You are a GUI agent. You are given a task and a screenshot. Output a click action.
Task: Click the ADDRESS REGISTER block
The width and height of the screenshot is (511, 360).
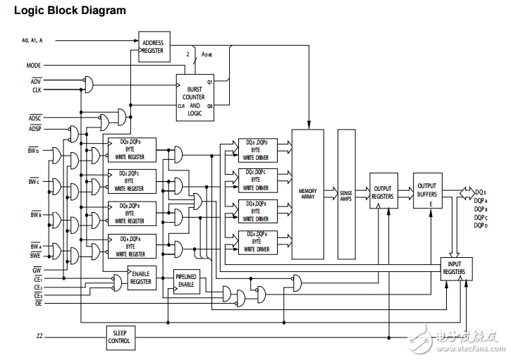[x=154, y=46]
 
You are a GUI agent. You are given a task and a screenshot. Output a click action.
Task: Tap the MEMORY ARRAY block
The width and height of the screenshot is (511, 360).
[x=307, y=194]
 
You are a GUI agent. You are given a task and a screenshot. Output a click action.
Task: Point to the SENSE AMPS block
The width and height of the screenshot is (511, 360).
[x=346, y=194]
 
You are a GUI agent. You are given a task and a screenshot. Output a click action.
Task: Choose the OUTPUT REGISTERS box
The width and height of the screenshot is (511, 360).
[x=383, y=192]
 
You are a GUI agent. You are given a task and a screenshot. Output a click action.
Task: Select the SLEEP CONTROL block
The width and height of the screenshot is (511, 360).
[x=119, y=337]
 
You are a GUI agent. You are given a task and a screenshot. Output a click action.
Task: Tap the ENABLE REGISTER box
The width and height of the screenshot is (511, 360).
[x=140, y=278]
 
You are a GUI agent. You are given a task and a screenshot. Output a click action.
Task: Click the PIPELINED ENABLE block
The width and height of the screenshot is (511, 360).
[x=187, y=281]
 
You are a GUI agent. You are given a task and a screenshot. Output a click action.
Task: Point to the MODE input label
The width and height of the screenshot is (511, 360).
[x=34, y=65]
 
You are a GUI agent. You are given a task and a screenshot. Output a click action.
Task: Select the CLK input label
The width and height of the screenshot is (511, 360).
[x=36, y=90]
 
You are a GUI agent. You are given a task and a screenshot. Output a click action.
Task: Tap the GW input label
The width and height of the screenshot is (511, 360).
[x=37, y=270]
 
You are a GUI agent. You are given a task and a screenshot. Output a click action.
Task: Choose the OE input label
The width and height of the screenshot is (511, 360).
[x=38, y=303]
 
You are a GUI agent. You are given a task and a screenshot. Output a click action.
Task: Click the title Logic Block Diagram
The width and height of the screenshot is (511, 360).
[x=70, y=11]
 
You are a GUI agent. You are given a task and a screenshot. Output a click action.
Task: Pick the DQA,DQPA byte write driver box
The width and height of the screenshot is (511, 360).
[x=257, y=242]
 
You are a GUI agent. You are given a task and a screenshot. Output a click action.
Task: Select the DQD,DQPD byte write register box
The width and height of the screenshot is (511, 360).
[x=130, y=149]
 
